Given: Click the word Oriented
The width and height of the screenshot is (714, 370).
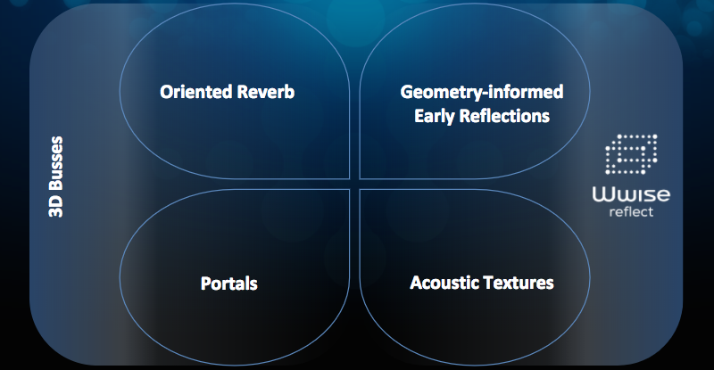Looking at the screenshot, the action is (x=196, y=92).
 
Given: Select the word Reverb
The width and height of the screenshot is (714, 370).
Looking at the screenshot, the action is (x=266, y=92).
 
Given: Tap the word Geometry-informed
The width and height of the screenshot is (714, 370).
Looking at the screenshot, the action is (x=482, y=93).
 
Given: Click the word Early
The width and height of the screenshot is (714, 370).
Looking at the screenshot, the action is (x=435, y=117).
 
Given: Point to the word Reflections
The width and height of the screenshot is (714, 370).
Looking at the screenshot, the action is (x=504, y=116).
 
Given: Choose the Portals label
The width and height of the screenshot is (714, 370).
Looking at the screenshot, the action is (x=229, y=284).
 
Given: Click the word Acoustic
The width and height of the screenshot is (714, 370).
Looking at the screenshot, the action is (x=444, y=283).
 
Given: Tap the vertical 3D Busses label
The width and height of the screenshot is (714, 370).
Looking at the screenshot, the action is (x=56, y=177).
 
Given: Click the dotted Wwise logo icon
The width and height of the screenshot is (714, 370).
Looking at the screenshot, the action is (x=631, y=154).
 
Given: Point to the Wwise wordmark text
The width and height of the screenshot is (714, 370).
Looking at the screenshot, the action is (x=631, y=194).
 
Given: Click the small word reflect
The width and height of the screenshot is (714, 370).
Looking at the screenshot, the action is (x=631, y=211).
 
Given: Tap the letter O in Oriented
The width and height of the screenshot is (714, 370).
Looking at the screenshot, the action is (x=166, y=92).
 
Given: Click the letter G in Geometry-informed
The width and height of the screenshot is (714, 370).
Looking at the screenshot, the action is (x=406, y=92).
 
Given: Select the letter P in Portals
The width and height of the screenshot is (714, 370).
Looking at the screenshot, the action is (x=206, y=284).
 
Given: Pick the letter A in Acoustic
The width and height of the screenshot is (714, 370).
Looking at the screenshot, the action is (x=416, y=283).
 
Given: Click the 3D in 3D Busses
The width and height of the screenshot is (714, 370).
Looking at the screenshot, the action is (x=56, y=208).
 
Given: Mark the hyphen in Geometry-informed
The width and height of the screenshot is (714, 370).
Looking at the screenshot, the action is (x=486, y=95).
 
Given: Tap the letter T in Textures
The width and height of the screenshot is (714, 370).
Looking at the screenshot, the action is (x=487, y=283).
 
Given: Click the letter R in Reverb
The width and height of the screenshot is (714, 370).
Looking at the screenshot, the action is (x=243, y=92).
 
